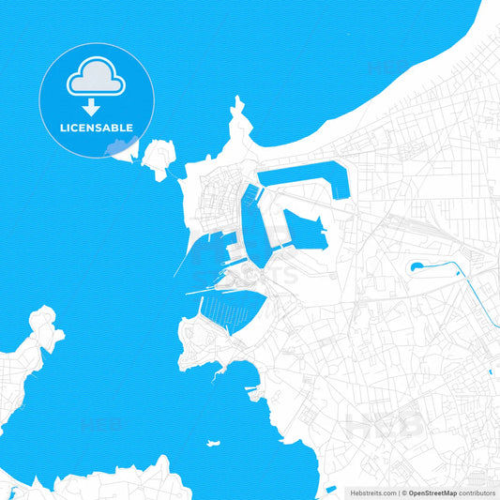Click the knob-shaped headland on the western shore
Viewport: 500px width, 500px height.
point(42,324)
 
